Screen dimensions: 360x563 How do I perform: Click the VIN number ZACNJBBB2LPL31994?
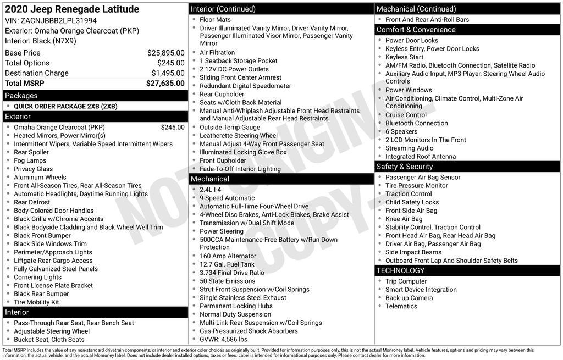click(58, 20)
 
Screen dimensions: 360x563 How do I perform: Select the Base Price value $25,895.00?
click(165, 53)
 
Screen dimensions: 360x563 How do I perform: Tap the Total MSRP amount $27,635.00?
click(165, 84)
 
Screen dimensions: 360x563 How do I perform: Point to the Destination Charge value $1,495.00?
click(168, 73)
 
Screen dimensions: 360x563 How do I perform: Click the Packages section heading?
click(21, 96)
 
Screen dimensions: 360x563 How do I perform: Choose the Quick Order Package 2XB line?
click(65, 107)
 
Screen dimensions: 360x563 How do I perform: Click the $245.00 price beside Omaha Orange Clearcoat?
click(173, 128)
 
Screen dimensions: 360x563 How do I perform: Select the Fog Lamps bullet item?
click(30, 160)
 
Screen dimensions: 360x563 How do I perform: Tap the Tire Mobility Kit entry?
click(36, 302)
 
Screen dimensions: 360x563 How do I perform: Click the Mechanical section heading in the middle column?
click(210, 179)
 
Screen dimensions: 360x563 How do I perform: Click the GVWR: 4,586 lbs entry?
click(223, 339)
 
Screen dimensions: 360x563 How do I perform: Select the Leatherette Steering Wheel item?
click(239, 136)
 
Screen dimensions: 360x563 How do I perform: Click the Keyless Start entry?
click(404, 57)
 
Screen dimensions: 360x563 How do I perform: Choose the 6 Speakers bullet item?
click(401, 131)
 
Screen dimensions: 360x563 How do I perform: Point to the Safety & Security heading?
click(405, 167)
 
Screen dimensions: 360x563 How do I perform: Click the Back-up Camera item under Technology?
click(409, 298)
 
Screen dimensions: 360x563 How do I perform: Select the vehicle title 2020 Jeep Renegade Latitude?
click(72, 9)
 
